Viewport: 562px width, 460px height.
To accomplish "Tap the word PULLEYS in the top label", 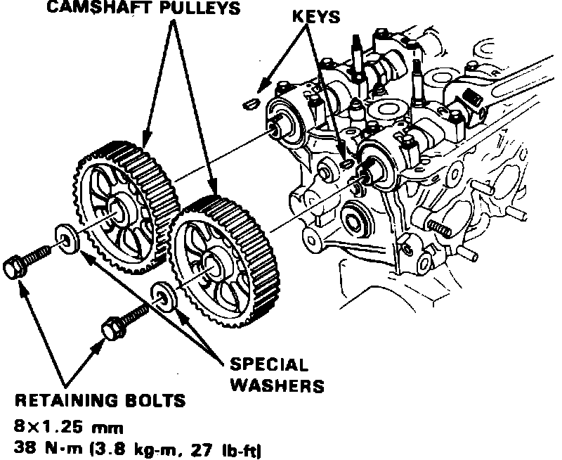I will click(x=208, y=9).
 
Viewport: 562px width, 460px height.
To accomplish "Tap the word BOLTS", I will click(x=156, y=402).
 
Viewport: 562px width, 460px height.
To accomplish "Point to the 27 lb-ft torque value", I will click(x=233, y=447).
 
